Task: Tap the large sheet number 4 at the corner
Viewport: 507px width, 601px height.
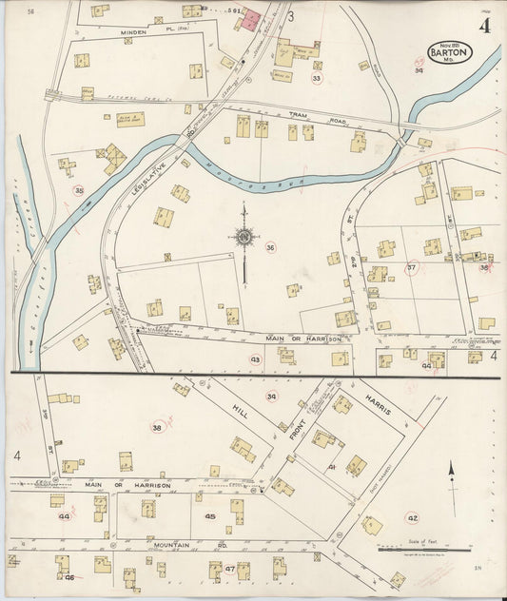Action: (x=485, y=26)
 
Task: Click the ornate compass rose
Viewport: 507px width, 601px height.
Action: (x=244, y=237)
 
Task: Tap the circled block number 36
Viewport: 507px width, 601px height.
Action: (x=271, y=247)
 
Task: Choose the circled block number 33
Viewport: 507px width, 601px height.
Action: (x=317, y=78)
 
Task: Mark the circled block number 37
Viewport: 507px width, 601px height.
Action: (x=412, y=267)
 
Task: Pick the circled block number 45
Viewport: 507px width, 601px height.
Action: (x=210, y=517)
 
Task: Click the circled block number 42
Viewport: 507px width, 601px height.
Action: (x=412, y=518)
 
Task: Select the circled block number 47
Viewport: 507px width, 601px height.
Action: (x=230, y=568)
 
